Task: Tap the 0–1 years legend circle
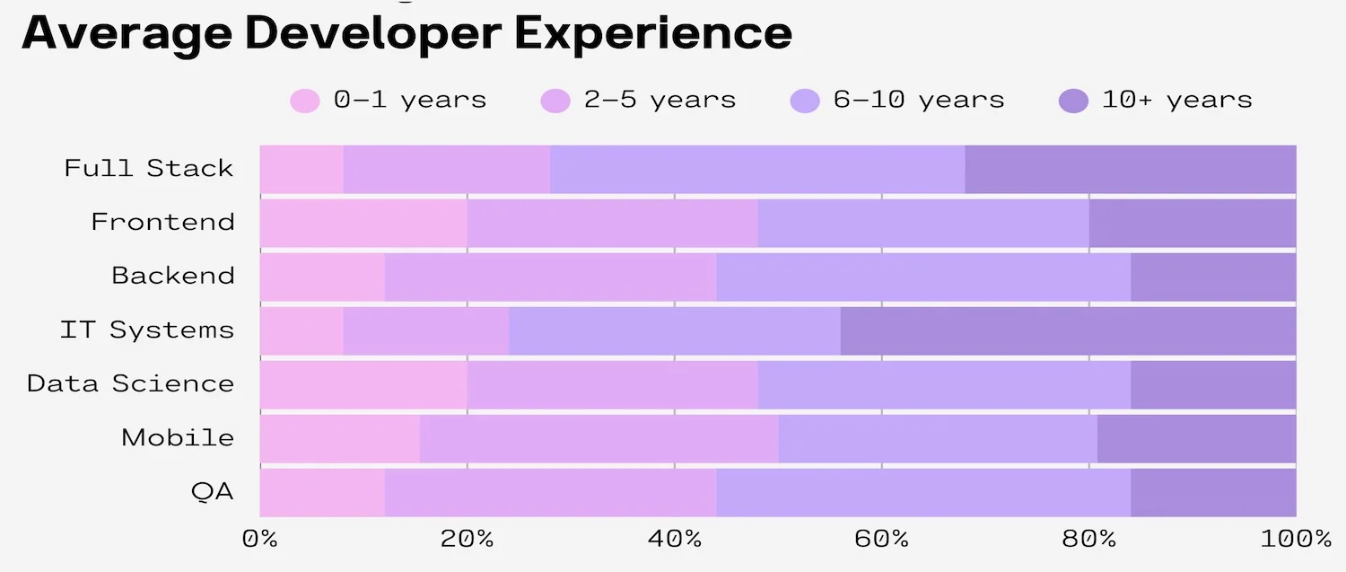click(x=305, y=101)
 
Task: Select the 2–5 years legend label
click(x=660, y=100)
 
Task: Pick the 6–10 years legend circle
click(x=805, y=101)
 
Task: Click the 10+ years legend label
click(x=1176, y=100)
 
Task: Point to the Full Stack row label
click(x=149, y=169)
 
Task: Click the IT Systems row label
click(x=147, y=330)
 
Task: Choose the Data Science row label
click(x=131, y=384)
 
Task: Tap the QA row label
click(x=213, y=492)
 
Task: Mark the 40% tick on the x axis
click(x=674, y=539)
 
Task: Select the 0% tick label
click(x=260, y=539)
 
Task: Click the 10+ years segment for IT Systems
click(x=1068, y=330)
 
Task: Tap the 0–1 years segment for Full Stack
click(x=302, y=169)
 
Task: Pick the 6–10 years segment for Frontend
click(x=923, y=223)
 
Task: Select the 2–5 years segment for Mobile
click(x=599, y=438)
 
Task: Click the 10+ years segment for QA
click(x=1213, y=492)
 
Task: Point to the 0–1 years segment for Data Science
click(x=363, y=384)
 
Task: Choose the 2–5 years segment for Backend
click(x=550, y=277)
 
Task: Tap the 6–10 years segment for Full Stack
click(x=757, y=169)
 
